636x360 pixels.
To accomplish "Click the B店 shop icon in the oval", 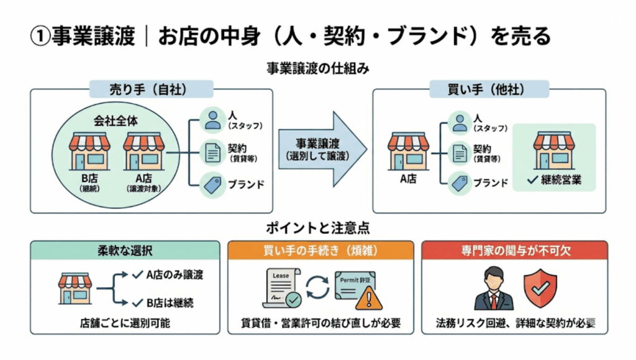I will (89, 151).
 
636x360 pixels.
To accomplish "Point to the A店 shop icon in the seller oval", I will (143, 151).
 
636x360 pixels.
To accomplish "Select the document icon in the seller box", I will (213, 152).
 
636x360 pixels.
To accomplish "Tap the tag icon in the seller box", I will (213, 184).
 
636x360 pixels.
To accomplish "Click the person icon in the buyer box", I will (460, 121).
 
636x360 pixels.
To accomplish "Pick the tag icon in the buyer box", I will (460, 182).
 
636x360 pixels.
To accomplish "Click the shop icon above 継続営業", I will (554, 150).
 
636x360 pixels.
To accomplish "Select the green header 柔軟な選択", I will (125, 250).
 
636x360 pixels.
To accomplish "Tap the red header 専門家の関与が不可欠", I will (514, 250).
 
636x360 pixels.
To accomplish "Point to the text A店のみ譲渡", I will (175, 274).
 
